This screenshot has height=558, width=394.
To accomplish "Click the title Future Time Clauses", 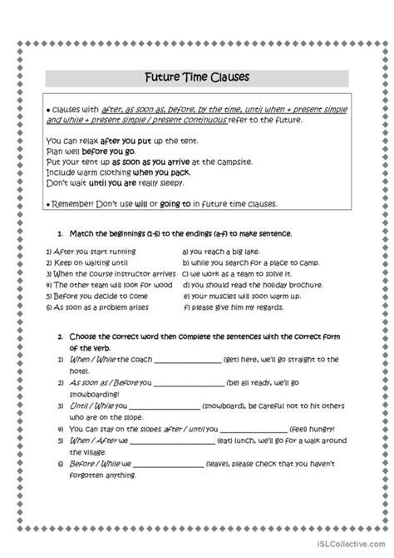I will coord(196,77).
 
